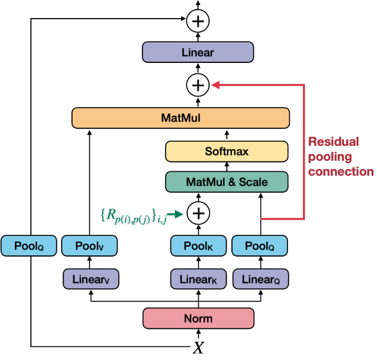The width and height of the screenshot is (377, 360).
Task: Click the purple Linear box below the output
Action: pos(198,53)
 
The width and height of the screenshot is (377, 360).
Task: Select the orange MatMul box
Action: pos(181,116)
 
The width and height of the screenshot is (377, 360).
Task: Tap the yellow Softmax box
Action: pos(226,151)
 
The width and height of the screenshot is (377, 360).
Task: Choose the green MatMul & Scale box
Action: pos(226,182)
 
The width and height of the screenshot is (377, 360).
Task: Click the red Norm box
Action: pos(198,318)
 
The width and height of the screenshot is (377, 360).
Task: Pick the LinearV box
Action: pos(91,279)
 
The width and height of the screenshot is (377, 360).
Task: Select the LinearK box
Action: pos(198,279)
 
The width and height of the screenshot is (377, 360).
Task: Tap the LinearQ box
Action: pos(260,279)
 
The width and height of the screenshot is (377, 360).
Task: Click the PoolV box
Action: pos(91,245)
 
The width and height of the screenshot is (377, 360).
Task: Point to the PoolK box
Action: pos(198,245)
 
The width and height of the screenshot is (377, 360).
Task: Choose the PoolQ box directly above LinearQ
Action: pos(260,245)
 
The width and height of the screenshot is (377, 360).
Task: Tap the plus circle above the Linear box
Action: pos(198,21)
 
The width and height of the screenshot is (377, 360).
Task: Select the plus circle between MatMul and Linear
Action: pos(198,84)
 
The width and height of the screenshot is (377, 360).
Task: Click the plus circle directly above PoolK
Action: pos(198,214)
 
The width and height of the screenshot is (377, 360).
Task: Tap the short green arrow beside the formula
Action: pos(178,214)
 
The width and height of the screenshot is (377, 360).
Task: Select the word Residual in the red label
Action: pos(333,141)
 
